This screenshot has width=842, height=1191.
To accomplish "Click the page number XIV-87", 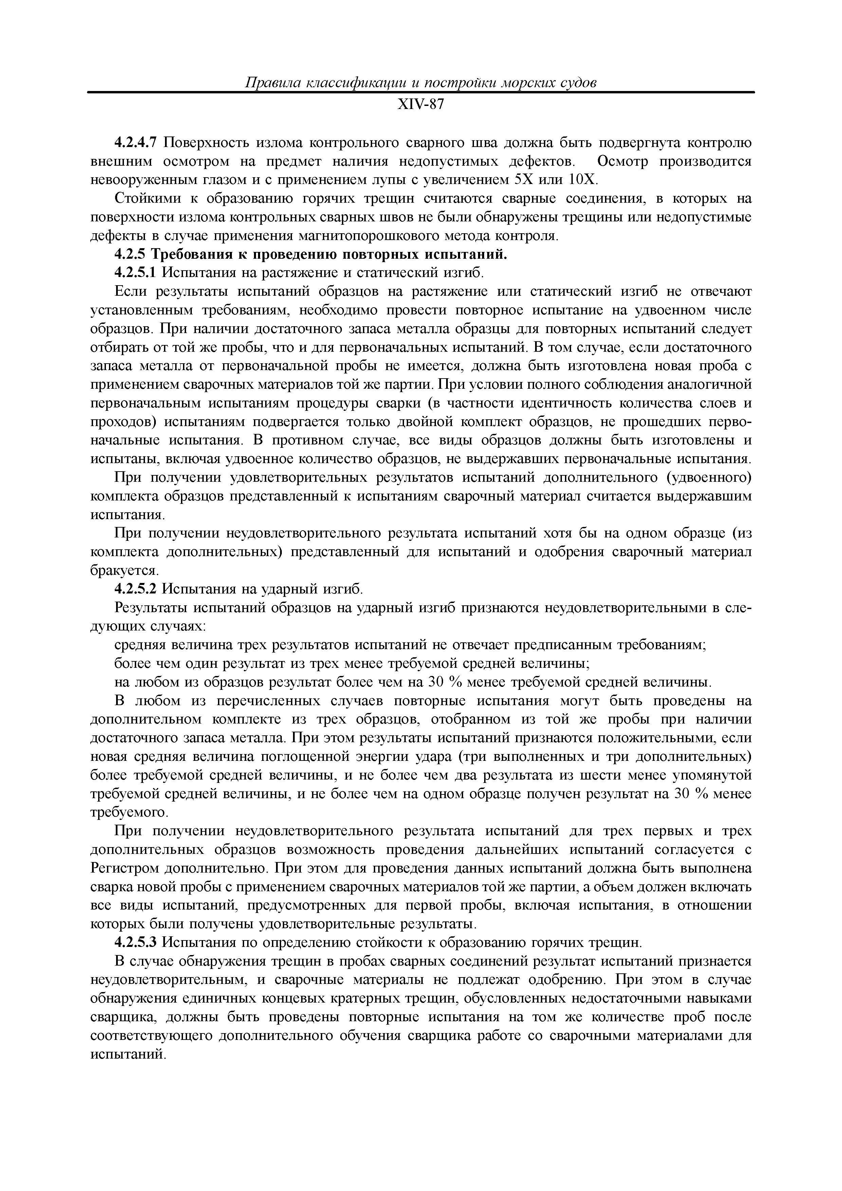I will coord(420,105).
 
